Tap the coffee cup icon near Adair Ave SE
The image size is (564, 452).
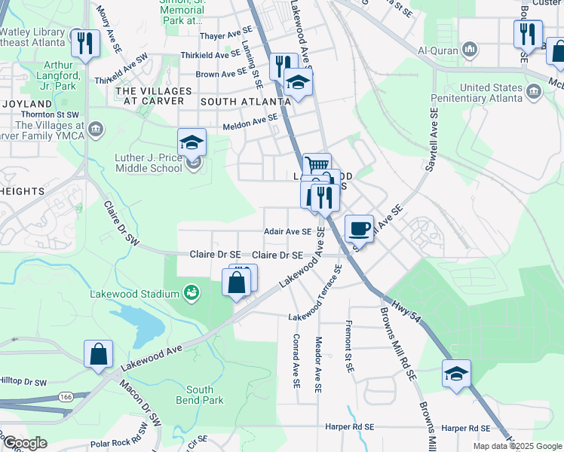coord(360,228)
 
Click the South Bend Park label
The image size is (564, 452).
coord(200,395)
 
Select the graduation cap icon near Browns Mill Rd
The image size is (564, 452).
coord(456,373)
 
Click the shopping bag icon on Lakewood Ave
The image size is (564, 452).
coord(99,353)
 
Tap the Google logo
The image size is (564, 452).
coord(25,442)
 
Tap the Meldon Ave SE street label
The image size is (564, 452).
coord(250,121)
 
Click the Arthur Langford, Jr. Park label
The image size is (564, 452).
coord(51,75)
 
